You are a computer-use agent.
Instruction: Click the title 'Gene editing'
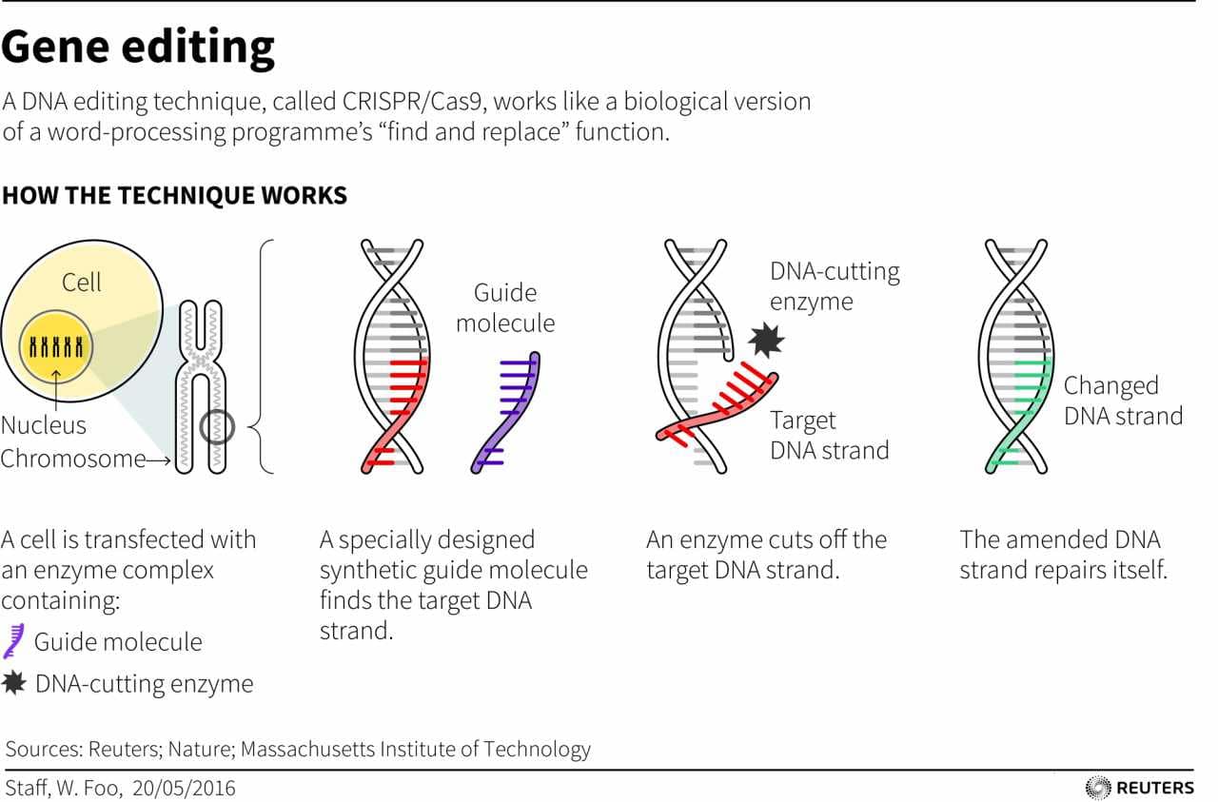[x=138, y=47]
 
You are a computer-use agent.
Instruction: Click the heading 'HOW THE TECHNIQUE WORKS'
[x=174, y=196]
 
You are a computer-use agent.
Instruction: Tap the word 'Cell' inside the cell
[x=82, y=283]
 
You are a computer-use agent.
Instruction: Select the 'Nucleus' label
[x=44, y=425]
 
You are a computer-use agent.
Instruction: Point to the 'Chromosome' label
[x=73, y=459]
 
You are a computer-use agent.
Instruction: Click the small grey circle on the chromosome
[x=218, y=426]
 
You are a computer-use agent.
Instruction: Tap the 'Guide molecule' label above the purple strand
[x=504, y=307]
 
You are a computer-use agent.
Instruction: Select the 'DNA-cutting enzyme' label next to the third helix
[x=835, y=286]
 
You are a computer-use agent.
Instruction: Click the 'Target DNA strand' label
[x=829, y=435]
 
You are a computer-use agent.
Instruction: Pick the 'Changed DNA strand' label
[x=1123, y=401]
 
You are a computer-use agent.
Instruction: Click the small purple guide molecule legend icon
[x=13, y=641]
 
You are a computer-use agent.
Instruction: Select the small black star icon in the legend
[x=14, y=683]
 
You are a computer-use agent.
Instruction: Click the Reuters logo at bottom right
[x=1140, y=787]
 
